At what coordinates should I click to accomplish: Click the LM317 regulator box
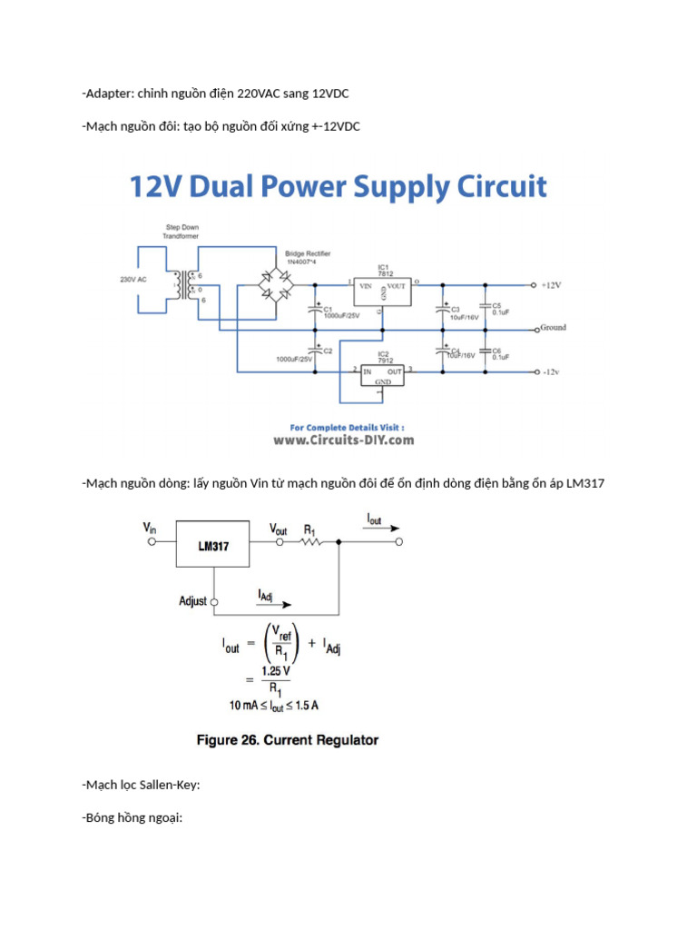(212, 545)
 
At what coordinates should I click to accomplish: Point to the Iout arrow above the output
(381, 529)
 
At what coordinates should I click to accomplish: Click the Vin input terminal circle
(154, 542)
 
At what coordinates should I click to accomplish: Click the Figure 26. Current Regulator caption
(288, 740)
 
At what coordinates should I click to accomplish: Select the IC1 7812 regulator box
(382, 288)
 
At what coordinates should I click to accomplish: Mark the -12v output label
(550, 371)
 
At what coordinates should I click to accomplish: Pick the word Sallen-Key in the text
(168, 785)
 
